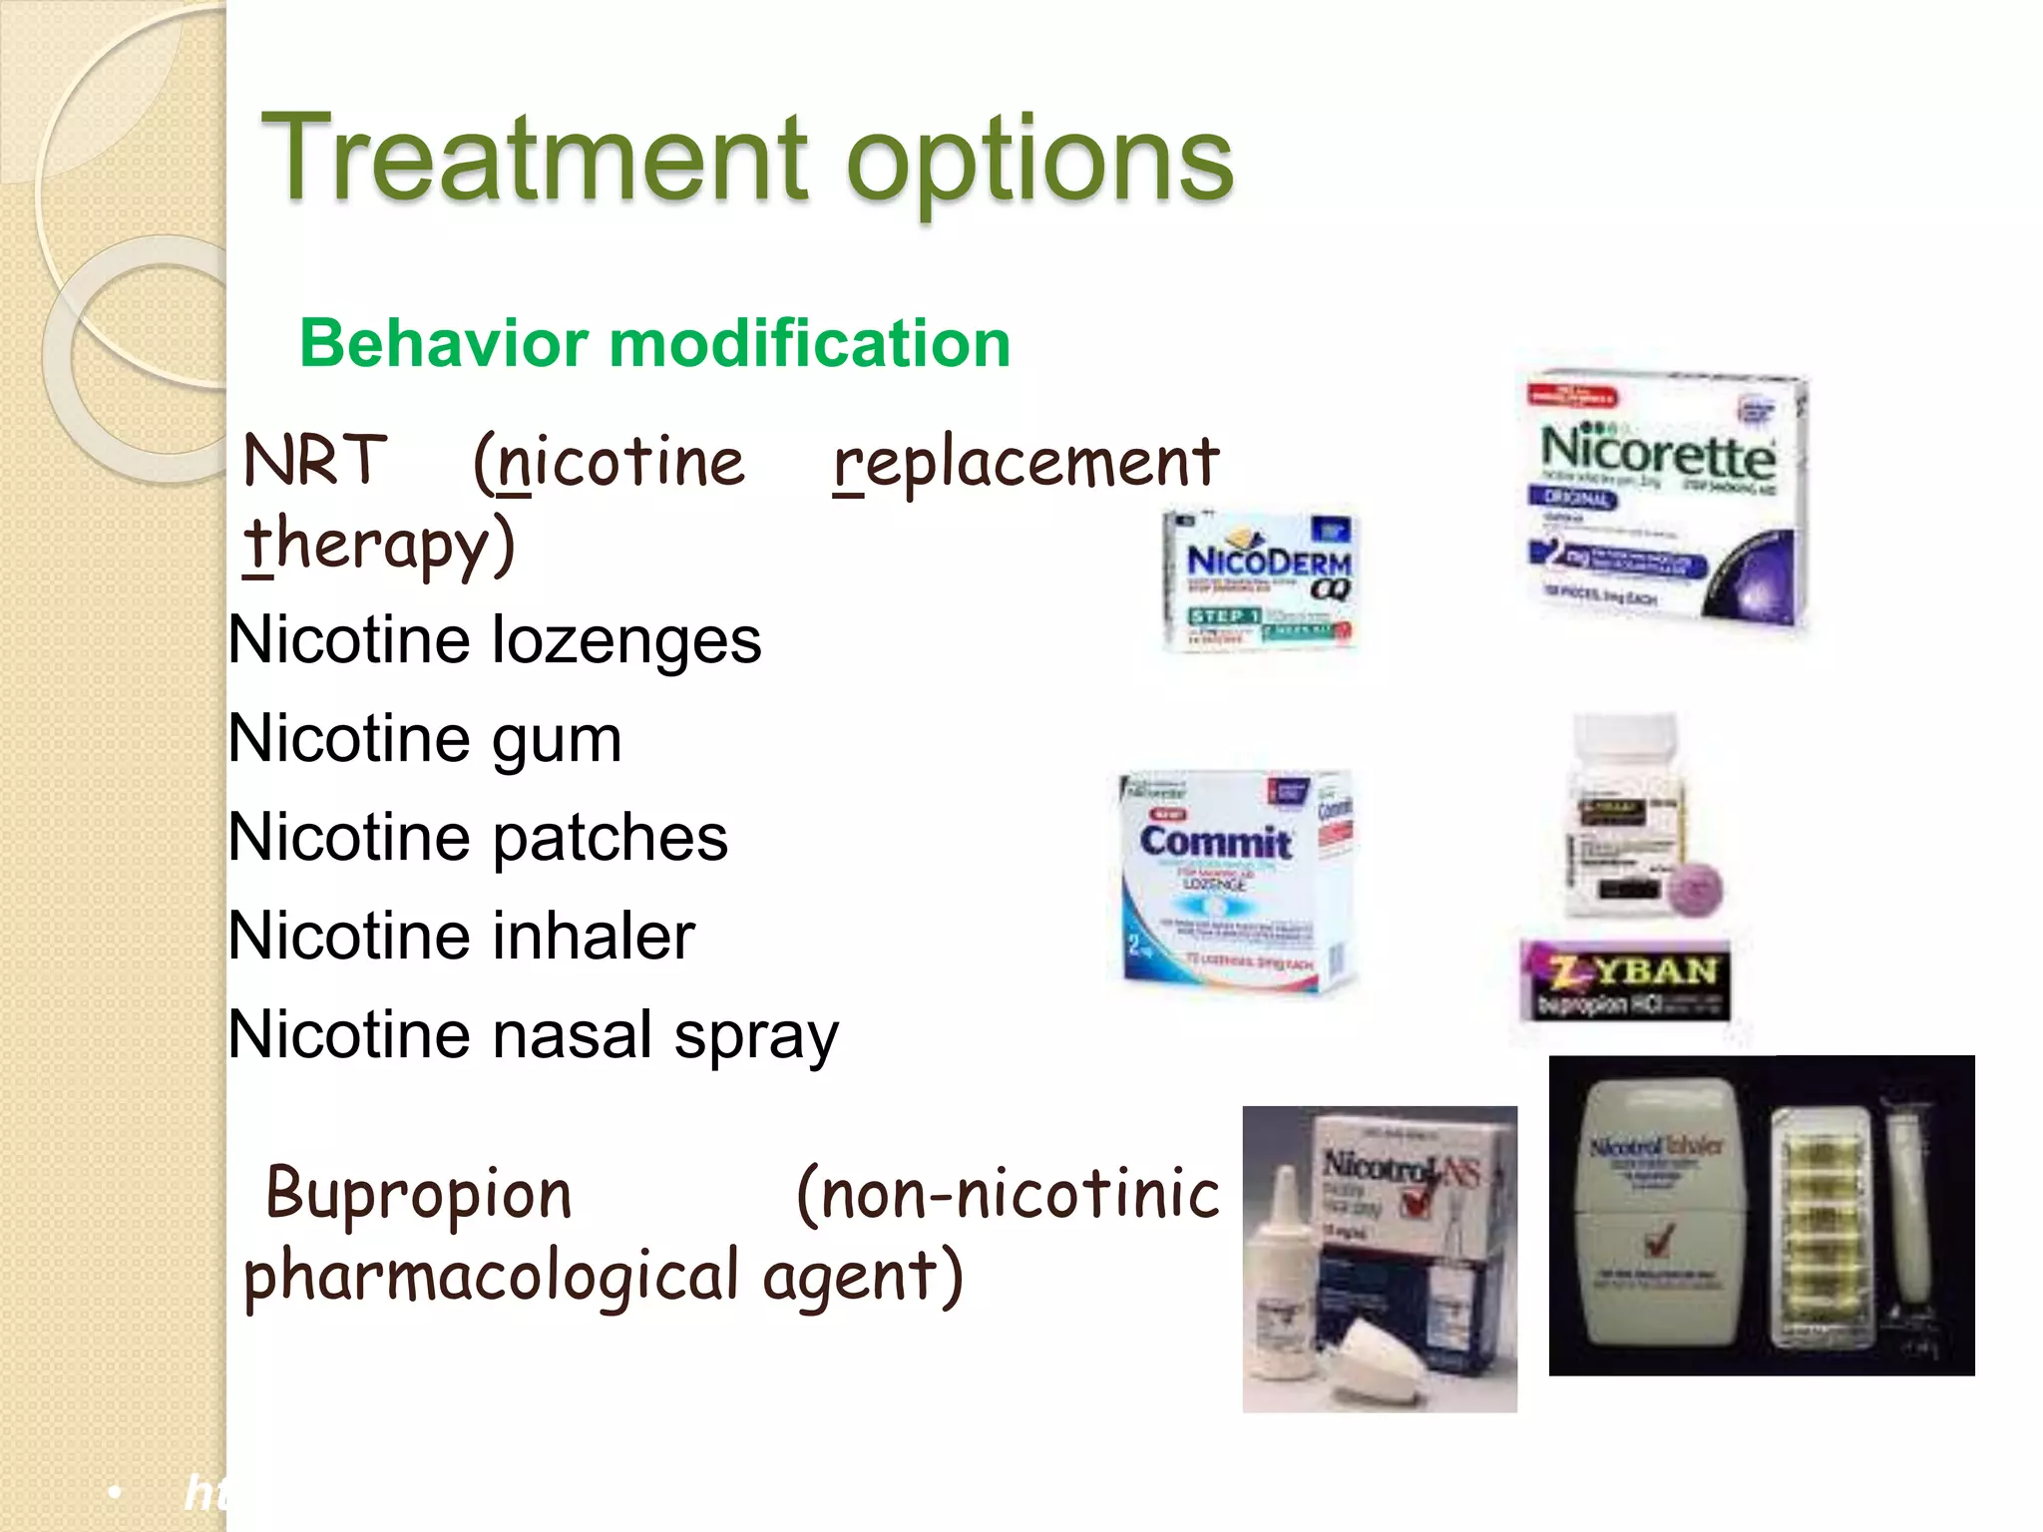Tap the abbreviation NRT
(x=314, y=461)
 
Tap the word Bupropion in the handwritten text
(x=419, y=1193)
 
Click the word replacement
(x=1026, y=464)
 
